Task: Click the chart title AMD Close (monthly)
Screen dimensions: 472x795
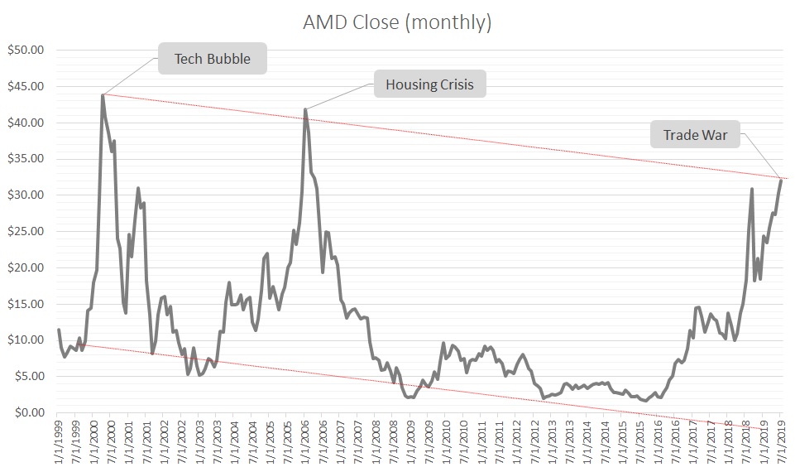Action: tap(397, 23)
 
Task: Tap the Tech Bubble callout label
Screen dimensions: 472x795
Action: tap(212, 59)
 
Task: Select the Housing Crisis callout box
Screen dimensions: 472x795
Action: tap(429, 84)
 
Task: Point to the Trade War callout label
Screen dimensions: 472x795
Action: tap(695, 134)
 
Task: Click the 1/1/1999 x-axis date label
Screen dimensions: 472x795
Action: tap(58, 443)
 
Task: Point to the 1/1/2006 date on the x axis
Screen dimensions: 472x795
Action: tap(305, 443)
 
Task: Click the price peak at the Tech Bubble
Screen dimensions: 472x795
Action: tap(103, 94)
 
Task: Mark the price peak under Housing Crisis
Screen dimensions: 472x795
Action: tap(305, 109)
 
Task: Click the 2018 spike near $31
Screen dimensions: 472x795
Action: tap(751, 189)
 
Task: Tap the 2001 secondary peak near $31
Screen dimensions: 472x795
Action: tap(138, 188)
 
